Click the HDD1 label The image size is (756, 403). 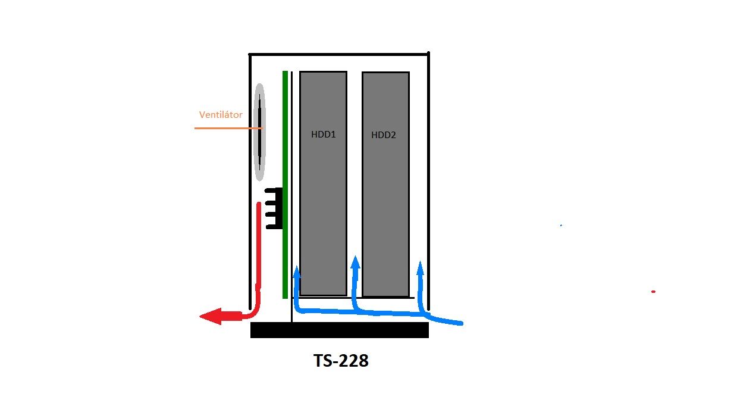324,135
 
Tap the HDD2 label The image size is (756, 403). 384,135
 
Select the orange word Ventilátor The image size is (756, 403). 221,115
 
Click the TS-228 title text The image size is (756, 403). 341,361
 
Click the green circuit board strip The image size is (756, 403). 285,185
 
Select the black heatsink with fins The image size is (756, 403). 274,208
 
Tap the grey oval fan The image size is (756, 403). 259,132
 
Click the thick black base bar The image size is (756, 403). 340,330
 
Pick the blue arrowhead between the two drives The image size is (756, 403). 355,263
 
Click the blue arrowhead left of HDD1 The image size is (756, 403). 297,272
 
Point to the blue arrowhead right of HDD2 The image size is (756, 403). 420,267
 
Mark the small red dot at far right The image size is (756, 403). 654,292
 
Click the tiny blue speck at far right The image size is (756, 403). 561,226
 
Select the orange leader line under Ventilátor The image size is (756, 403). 228,129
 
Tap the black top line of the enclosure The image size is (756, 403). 339,54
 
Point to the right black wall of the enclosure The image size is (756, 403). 428,181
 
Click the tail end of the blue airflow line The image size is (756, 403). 462,323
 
